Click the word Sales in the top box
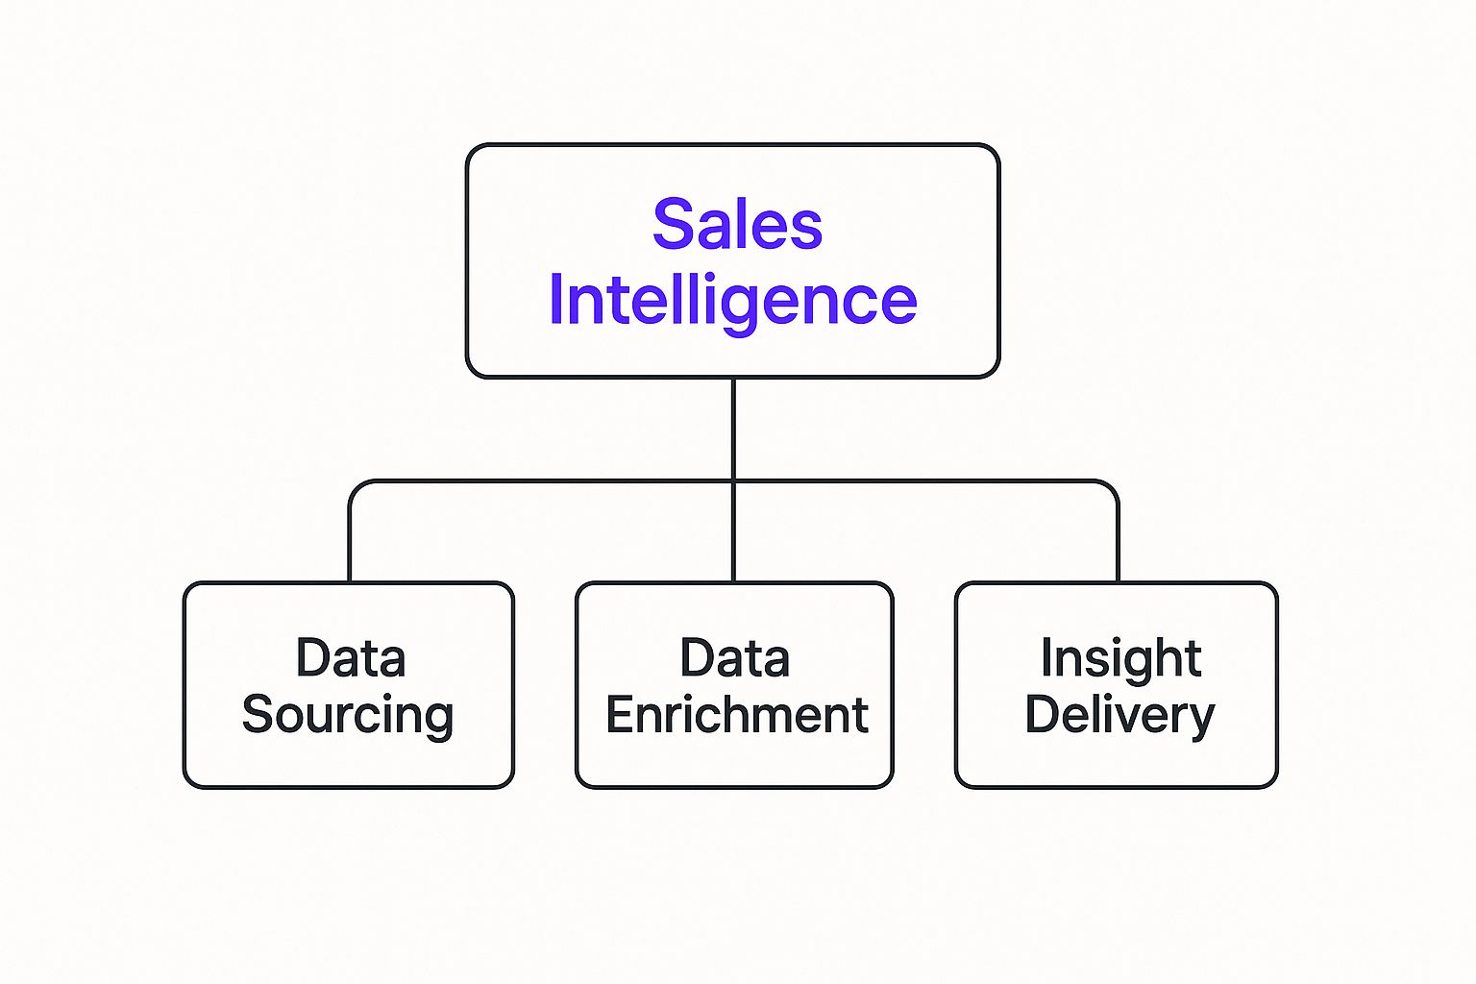737,225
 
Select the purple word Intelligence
732,301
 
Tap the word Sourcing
348,716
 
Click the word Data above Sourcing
351,659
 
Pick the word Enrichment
736,716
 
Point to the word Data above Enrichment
735,659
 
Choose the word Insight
1120,659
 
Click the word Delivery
1119,716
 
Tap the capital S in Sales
673,225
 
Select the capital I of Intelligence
555,301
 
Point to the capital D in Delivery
1042,715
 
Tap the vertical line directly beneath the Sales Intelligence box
733,428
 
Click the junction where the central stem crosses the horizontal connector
733,480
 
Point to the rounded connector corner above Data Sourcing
356,486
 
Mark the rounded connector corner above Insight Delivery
1112,486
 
